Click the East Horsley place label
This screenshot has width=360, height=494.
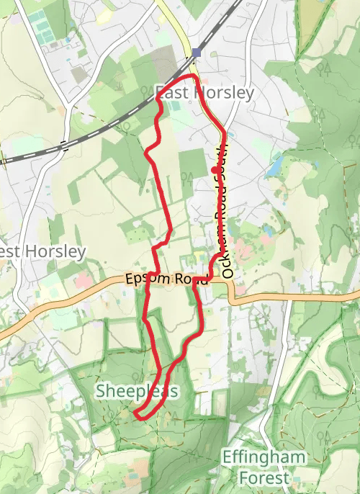(205, 93)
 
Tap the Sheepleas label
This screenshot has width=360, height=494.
(137, 391)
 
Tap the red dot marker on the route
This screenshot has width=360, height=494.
(215, 170)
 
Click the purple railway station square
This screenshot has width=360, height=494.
(197, 53)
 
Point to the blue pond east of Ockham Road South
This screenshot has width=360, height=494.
(275, 167)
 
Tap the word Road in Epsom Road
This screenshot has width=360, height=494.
(189, 280)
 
